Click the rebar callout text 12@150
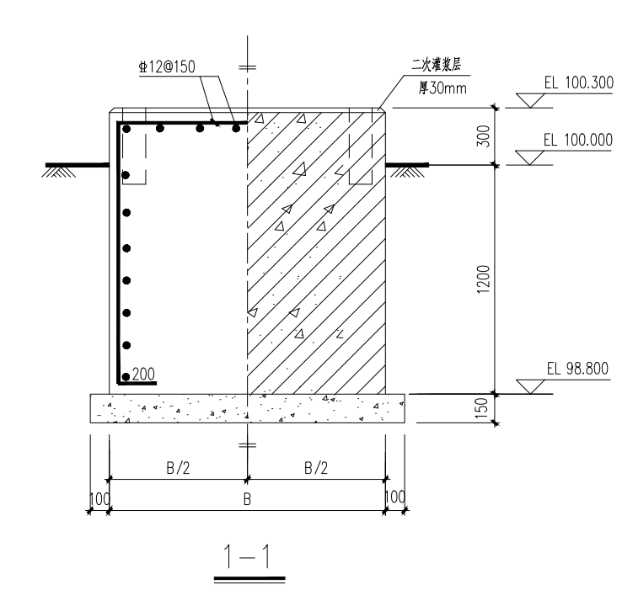167,66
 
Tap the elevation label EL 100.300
579,82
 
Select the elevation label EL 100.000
578,140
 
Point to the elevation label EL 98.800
577,369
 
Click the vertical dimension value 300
483,136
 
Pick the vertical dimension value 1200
483,279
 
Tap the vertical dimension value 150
480,408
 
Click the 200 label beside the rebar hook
143,374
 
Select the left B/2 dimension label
178,468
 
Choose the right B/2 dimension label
316,468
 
